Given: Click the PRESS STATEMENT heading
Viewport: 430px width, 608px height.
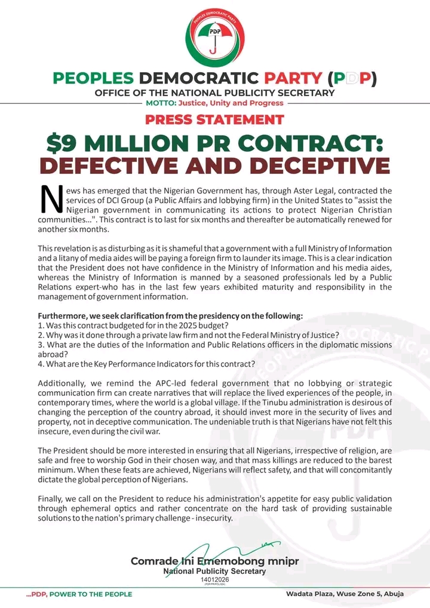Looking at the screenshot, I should [214, 119].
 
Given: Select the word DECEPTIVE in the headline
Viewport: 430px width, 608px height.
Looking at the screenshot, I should [316, 165].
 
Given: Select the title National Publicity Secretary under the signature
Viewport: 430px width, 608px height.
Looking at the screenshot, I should [214, 571].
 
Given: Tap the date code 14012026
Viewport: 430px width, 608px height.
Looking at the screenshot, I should [214, 579].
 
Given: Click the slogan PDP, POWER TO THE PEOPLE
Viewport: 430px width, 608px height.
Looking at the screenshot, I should [78, 594].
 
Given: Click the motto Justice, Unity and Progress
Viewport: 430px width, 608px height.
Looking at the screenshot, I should [231, 103].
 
